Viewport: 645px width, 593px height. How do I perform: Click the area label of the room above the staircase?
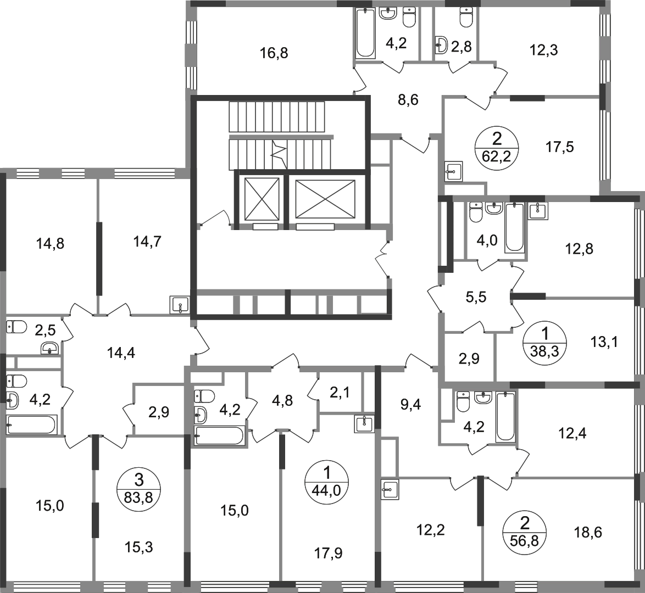tap(275, 53)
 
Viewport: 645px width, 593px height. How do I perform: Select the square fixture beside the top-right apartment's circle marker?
tap(455, 169)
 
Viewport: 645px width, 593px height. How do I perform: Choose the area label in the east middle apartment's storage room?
tap(469, 358)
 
